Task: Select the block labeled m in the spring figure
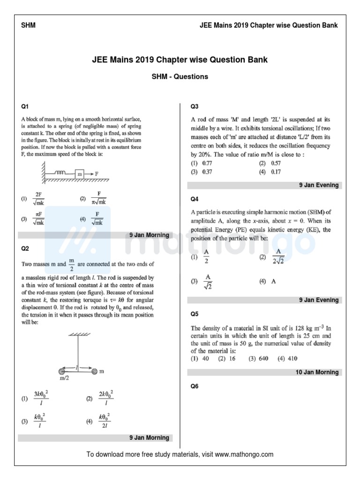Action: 80,173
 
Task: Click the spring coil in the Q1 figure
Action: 60,173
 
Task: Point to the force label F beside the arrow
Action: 97,173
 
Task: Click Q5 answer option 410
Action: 287,359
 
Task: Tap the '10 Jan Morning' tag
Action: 317,372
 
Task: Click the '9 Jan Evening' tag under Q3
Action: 319,185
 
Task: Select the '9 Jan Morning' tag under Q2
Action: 149,438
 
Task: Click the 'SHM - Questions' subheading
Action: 180,76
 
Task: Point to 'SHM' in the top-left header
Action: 28,25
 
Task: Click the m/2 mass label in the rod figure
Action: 64,378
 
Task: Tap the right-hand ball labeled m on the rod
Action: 95,371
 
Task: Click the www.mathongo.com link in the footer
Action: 244,454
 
